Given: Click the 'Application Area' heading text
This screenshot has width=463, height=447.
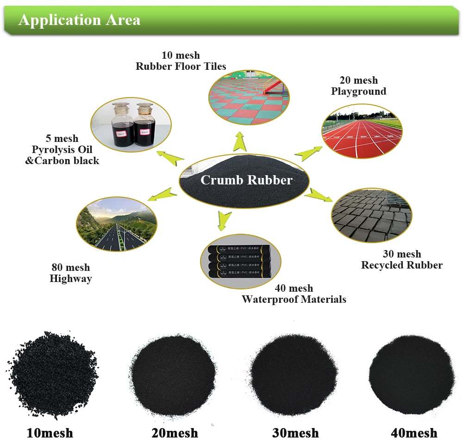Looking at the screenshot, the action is coord(79,20).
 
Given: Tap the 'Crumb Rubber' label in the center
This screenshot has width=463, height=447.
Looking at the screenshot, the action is coord(246,180).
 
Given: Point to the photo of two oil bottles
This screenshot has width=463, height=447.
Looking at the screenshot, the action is coord(131,124).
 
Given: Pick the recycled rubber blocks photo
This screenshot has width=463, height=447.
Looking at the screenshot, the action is coord(372,215).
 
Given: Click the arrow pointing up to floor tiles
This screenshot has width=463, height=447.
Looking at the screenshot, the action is coord(240,141).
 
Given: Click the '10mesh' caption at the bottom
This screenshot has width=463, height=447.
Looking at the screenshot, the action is coord(50,433).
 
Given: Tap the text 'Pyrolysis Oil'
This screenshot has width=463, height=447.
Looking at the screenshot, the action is coord(62,150).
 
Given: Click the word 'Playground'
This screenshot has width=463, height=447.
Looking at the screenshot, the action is coord(358,92).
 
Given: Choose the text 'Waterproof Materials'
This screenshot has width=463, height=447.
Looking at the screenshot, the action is coord(294,300).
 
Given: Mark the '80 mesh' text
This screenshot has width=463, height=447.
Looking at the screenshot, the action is coord(70,268).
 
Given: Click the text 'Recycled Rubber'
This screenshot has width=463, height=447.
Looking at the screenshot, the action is coord(402,265).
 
